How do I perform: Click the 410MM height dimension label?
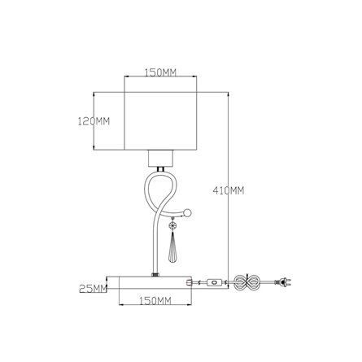tap(229, 190)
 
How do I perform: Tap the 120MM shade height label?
tap(94, 121)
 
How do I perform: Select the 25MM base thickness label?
tap(94, 289)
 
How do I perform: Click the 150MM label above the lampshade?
tap(160, 72)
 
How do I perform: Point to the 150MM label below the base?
tap(155, 301)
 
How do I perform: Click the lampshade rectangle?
tap(160, 121)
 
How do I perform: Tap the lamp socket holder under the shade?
tap(160, 158)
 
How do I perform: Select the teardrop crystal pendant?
tap(172, 247)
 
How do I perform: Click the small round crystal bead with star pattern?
tap(172, 225)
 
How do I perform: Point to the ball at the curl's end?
tap(188, 213)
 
